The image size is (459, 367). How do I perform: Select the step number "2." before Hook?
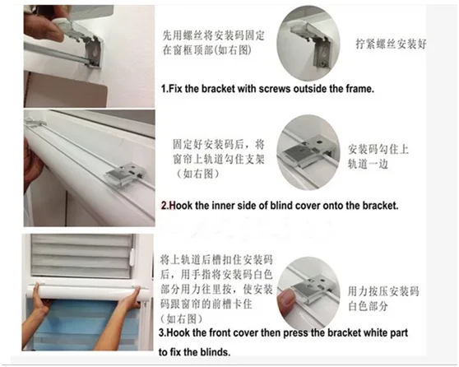click(165, 206)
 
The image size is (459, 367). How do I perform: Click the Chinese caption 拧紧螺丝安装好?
click(391, 44)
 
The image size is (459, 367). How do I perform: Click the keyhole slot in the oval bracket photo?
click(323, 52)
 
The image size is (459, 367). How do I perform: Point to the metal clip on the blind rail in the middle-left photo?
click(125, 174)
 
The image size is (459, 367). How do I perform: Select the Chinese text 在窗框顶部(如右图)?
click(206, 50)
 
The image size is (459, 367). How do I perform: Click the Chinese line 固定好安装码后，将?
click(218, 144)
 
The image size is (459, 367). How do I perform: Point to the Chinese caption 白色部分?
click(369, 306)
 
